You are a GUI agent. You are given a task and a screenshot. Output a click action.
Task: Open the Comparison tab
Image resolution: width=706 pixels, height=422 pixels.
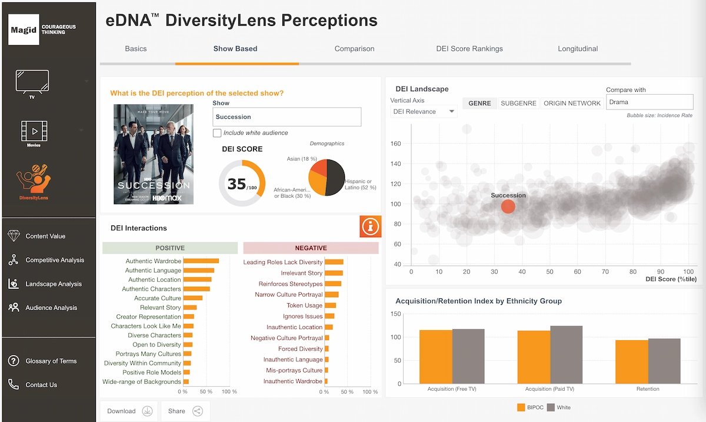click(x=354, y=49)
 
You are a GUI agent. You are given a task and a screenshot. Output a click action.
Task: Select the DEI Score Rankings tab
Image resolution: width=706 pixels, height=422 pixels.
click(x=469, y=49)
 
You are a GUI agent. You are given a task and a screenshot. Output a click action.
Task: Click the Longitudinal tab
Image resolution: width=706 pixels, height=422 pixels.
click(x=578, y=49)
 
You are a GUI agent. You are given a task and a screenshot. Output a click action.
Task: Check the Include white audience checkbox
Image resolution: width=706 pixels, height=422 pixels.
click(x=217, y=133)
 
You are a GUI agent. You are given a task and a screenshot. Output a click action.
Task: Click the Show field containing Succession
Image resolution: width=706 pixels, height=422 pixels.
click(x=287, y=117)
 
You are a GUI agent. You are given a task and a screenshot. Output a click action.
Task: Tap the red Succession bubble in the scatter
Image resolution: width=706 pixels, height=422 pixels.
click(x=508, y=206)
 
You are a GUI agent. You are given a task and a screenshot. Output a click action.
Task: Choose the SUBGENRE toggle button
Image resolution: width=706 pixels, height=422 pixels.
click(x=518, y=104)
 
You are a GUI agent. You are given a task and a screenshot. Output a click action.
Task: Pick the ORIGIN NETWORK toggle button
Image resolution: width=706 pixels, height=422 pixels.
click(x=572, y=104)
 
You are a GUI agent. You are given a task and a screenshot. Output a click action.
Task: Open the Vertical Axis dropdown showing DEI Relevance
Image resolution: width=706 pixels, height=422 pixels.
click(x=424, y=111)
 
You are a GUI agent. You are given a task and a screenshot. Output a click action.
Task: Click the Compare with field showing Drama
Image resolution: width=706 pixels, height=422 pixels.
click(x=641, y=102)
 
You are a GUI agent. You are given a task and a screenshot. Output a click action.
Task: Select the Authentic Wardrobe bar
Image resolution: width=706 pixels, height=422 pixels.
click(x=201, y=261)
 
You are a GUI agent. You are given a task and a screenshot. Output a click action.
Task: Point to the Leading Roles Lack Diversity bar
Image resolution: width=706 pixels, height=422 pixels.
click(x=334, y=262)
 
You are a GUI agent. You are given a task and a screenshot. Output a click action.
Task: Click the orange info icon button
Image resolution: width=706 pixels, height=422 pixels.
click(x=371, y=227)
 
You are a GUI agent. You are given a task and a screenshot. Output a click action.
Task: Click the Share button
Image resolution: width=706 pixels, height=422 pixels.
click(x=185, y=411)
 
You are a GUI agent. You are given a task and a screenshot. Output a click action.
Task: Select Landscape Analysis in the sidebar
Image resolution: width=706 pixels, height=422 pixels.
click(x=53, y=284)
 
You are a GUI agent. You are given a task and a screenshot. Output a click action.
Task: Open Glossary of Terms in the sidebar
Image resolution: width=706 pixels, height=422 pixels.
click(x=51, y=361)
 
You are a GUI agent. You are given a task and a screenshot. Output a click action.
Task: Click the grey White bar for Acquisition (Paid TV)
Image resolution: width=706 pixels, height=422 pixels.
click(x=566, y=354)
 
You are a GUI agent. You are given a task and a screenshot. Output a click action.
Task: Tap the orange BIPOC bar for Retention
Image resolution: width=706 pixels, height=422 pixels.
click(x=632, y=361)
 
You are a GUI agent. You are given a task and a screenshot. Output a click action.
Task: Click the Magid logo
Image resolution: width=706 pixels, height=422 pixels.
click(x=24, y=29)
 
